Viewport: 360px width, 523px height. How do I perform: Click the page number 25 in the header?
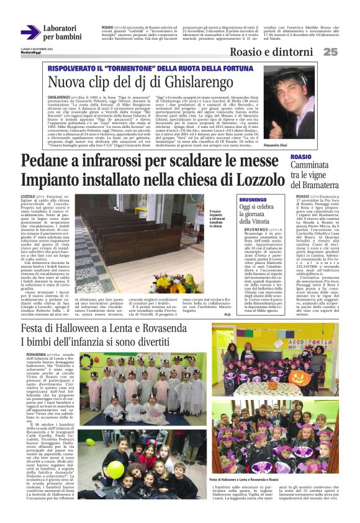coord(331,52)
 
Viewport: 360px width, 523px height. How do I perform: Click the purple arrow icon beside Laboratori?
coord(30,32)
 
